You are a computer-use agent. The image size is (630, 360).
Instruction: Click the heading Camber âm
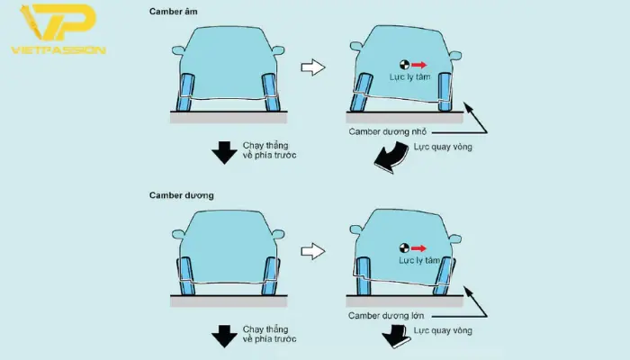[x=173, y=12]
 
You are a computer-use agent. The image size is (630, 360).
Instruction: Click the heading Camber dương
[x=181, y=195]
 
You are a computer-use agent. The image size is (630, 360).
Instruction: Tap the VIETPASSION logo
[x=58, y=29]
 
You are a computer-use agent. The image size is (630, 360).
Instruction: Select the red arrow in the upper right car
[x=418, y=65]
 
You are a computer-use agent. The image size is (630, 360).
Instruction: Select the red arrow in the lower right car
[x=418, y=248]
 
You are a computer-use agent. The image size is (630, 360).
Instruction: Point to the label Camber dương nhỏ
[x=387, y=131]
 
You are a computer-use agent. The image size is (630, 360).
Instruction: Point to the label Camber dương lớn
[x=386, y=316]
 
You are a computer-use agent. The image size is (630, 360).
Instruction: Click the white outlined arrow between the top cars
[x=313, y=67]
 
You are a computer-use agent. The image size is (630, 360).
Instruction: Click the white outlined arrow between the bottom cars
[x=313, y=251]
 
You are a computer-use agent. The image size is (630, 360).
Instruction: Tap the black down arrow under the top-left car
[x=224, y=153]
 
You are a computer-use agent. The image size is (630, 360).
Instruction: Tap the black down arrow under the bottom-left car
[x=224, y=337]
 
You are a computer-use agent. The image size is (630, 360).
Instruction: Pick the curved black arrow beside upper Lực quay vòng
[x=391, y=158]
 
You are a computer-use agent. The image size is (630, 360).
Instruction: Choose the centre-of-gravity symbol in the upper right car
[x=404, y=65]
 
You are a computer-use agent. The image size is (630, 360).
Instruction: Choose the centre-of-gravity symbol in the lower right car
[x=404, y=248]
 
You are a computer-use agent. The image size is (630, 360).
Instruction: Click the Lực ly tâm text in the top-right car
[x=409, y=76]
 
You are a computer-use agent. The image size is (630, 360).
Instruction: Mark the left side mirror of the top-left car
[x=178, y=50]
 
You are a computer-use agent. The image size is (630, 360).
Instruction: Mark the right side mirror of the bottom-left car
[x=278, y=234]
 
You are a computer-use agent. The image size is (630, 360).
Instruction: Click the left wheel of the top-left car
[x=186, y=93]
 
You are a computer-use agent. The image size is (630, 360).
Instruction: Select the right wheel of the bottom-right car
[x=444, y=276]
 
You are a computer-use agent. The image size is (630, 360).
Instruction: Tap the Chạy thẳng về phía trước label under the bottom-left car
[x=269, y=334]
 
